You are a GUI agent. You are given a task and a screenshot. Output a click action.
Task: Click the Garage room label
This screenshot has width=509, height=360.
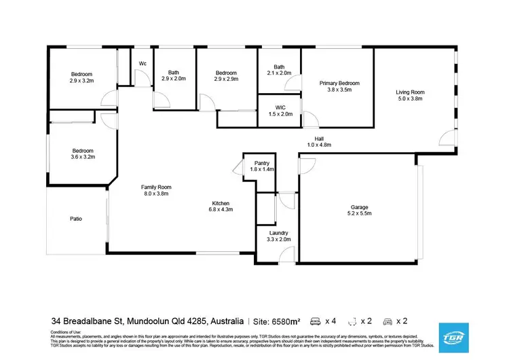pyautogui.click(x=360, y=206)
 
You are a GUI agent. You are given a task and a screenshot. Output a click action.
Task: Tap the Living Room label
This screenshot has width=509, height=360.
pyautogui.click(x=410, y=92)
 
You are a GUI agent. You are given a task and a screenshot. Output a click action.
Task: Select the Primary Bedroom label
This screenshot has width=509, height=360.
pyautogui.click(x=339, y=83)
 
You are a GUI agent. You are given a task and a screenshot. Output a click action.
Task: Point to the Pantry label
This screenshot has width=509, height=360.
pyautogui.click(x=263, y=163)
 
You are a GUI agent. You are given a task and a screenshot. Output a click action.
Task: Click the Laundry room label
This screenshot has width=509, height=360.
pyautogui.click(x=278, y=232)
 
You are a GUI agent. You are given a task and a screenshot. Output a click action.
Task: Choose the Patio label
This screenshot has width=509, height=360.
pyautogui.click(x=76, y=219)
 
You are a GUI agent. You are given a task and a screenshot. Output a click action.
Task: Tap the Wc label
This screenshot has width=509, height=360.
pyautogui.click(x=143, y=64)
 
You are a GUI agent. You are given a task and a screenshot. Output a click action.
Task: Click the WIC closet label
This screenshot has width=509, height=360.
pyautogui.click(x=281, y=107)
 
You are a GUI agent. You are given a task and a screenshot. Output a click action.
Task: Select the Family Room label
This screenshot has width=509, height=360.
pyautogui.click(x=155, y=187)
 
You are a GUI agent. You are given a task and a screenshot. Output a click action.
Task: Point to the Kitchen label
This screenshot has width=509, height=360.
pyautogui.click(x=221, y=203)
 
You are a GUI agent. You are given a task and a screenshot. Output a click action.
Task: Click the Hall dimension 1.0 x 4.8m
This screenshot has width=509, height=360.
pyautogui.click(x=318, y=145)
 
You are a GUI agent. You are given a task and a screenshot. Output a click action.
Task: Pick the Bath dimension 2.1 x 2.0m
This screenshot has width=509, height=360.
pyautogui.click(x=279, y=73)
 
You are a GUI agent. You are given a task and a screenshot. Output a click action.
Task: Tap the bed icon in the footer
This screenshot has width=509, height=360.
pyautogui.click(x=315, y=320)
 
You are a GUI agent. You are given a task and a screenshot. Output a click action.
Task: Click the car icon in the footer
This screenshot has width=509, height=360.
pyautogui.click(x=389, y=320)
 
